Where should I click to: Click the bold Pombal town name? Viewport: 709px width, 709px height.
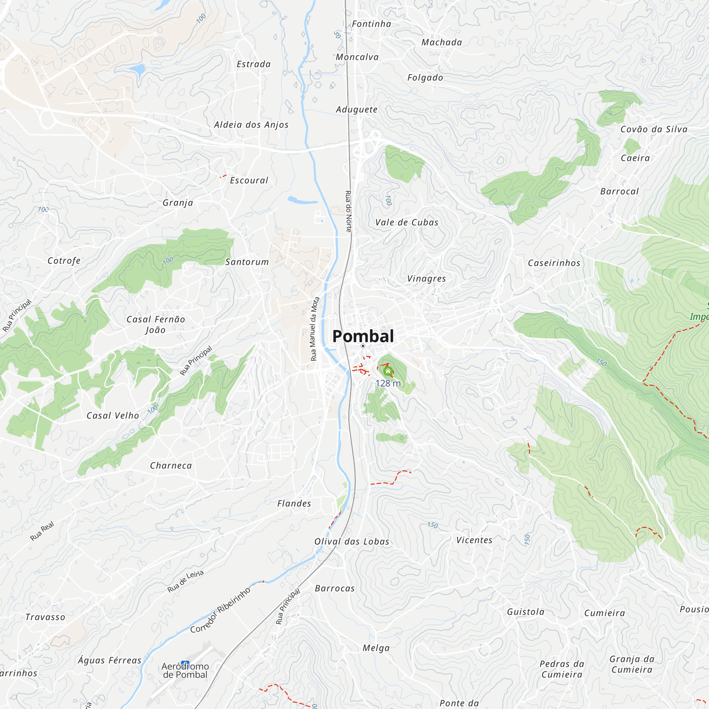pos(363,336)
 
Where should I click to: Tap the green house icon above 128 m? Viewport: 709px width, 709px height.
pos(388,372)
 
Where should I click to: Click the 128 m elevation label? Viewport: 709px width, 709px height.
pos(388,384)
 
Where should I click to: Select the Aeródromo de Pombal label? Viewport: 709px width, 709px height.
pos(185,670)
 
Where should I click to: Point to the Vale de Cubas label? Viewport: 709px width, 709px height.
pos(407,222)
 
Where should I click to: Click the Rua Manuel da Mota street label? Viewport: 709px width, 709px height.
pos(314,329)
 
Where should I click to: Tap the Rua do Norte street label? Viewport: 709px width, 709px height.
pos(348,211)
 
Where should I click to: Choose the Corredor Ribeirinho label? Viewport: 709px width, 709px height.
pos(220,610)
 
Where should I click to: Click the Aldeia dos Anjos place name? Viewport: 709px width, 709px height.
pos(251,125)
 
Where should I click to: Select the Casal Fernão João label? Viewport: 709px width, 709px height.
pos(156,324)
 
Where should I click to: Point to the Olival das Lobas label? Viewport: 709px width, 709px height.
pos(352,542)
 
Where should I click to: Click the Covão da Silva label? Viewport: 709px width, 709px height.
pos(654,129)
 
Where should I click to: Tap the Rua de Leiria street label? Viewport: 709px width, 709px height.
pos(185,581)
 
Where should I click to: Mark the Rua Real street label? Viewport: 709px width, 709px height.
pos(42,531)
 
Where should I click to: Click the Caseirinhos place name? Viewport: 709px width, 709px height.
pos(554,263)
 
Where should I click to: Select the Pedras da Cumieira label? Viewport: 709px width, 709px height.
pos(562,669)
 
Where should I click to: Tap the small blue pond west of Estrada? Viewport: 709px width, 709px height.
pos(138,69)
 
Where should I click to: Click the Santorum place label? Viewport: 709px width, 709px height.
pos(247,262)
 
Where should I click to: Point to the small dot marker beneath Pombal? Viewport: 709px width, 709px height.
pos(363,346)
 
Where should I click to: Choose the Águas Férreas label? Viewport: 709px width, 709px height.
pos(109,660)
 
